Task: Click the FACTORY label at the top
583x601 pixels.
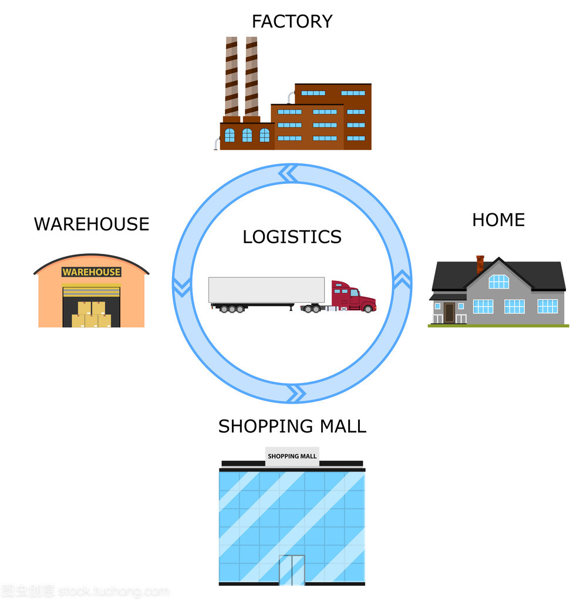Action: click(x=292, y=22)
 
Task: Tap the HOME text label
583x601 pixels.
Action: click(x=498, y=220)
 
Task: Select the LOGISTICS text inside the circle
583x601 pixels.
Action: click(x=292, y=237)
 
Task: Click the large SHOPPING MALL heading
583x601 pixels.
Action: click(x=292, y=426)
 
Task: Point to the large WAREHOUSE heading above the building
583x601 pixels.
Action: click(x=92, y=224)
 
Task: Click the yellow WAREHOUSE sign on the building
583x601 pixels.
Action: click(x=91, y=272)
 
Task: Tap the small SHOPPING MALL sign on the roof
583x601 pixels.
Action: click(x=292, y=456)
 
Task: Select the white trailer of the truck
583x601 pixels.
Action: click(x=267, y=290)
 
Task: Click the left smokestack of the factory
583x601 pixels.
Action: click(x=231, y=76)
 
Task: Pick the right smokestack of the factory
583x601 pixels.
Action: click(x=251, y=76)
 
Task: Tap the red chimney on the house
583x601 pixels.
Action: click(x=480, y=263)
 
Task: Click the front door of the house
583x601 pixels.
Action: click(x=449, y=313)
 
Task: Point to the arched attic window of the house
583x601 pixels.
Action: click(x=498, y=281)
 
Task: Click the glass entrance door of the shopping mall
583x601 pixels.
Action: click(x=292, y=570)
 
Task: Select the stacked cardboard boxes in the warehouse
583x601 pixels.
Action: click(x=91, y=314)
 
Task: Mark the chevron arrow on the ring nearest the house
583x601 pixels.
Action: click(x=402, y=280)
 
